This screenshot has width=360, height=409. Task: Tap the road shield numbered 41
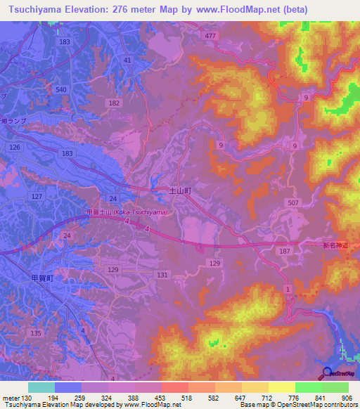[x=127, y=60]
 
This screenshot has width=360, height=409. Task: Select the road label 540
[x=61, y=89]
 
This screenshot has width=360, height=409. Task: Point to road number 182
[x=115, y=103]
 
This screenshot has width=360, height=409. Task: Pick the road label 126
[x=15, y=146]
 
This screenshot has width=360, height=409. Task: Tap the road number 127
[x=37, y=197]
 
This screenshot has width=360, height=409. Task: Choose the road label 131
[x=163, y=275]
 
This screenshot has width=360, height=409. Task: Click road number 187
[x=285, y=251]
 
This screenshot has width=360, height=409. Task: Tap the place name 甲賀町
[x=41, y=278]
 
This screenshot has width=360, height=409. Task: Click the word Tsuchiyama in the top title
[x=38, y=10]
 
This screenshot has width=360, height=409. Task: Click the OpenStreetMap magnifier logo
[x=327, y=374]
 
